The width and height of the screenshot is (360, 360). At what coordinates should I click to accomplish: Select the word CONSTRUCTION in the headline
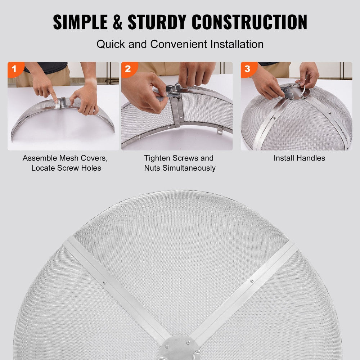[249, 22]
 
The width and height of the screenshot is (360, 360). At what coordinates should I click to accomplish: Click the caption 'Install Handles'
[299, 158]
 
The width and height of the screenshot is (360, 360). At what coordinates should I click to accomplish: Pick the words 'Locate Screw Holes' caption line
[66, 168]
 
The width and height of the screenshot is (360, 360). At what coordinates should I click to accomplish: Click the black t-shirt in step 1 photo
[47, 67]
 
